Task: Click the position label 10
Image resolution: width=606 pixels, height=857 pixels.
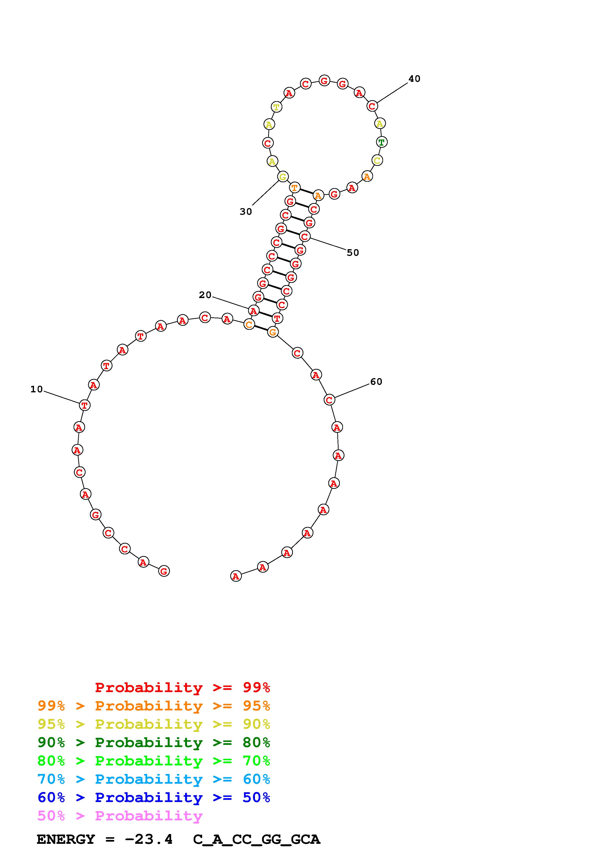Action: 37,389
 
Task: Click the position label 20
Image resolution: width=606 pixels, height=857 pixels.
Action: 205,295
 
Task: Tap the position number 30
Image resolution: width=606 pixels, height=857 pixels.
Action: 246,212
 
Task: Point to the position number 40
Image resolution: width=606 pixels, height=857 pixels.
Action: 414,79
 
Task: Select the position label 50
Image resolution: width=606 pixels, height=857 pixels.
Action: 353,253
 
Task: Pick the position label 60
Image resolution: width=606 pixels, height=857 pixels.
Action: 376,381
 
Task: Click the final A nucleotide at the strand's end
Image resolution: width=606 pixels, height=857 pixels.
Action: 236,576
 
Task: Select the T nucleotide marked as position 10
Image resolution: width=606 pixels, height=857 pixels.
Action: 85,405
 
